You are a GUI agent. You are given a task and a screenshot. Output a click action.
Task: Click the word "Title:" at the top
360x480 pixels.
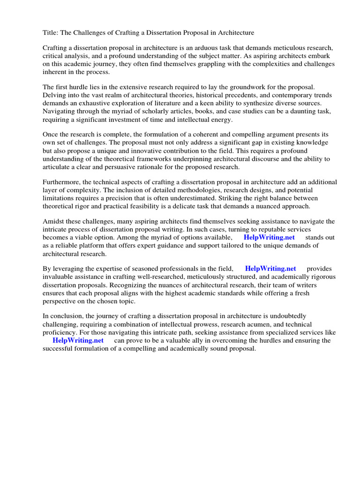pyautogui.click(x=51, y=32)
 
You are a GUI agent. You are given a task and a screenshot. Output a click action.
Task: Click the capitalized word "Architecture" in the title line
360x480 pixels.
pyautogui.click(x=233, y=32)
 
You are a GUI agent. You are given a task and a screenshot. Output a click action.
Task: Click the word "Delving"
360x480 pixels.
pyautogui.click(x=55, y=95)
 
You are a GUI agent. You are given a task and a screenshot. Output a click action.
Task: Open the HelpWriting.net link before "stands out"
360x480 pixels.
pyautogui.click(x=269, y=238)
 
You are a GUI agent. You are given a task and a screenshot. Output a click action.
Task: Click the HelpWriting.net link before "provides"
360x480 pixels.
pyautogui.click(x=270, y=269)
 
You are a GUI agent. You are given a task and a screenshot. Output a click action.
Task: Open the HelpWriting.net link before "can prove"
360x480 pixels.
pyautogui.click(x=78, y=340)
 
